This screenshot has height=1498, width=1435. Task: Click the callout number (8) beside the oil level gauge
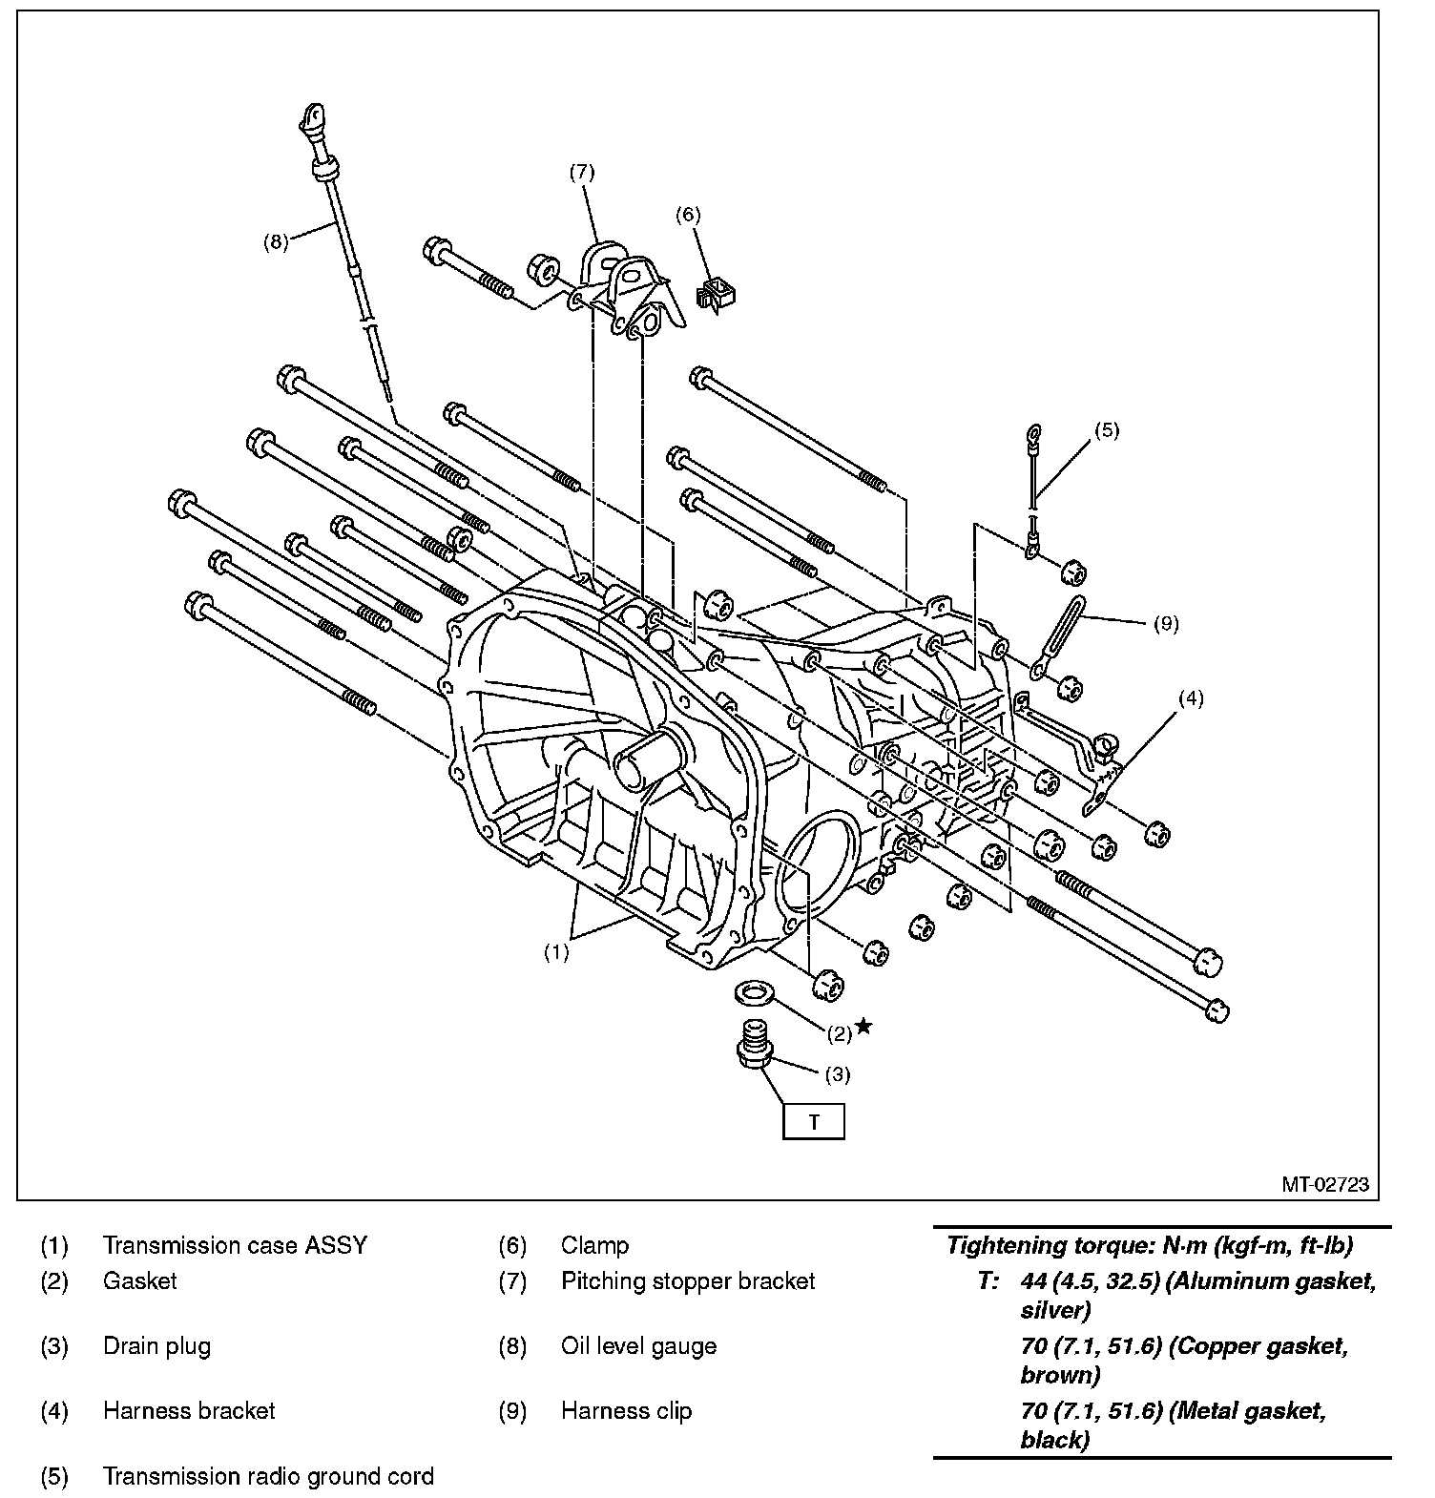(275, 241)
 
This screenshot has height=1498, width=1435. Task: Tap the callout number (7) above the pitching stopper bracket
(581, 172)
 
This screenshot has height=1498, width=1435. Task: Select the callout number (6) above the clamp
(687, 215)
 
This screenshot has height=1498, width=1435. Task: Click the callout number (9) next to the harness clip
(1166, 624)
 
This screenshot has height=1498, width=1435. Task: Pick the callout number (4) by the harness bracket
(1190, 698)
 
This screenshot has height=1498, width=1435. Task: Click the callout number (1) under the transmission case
(556, 951)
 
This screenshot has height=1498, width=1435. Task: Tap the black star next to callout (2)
(863, 1026)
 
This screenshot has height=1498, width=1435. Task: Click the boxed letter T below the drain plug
(813, 1122)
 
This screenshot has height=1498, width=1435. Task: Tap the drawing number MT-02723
(1324, 1184)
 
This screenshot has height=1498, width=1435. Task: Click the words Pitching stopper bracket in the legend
(687, 1280)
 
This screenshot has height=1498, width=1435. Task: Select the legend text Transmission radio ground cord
(268, 1476)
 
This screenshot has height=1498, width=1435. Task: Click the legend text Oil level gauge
(638, 1346)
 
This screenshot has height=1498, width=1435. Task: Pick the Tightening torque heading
(1149, 1245)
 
